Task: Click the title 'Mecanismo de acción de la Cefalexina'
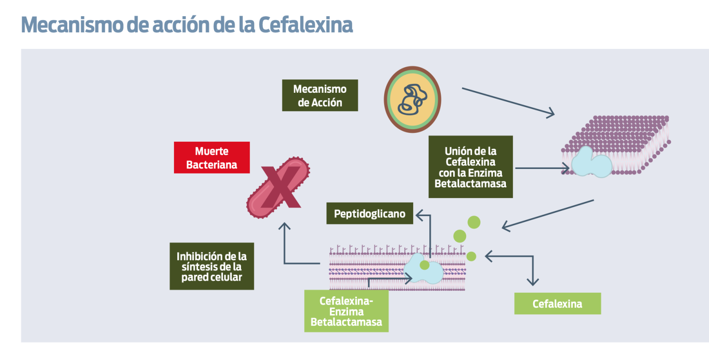coord(187,25)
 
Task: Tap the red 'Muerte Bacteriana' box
coord(211,157)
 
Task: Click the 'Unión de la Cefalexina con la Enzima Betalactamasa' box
coord(470,167)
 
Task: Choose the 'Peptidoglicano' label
coord(369,214)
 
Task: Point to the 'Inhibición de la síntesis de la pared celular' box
coord(211,266)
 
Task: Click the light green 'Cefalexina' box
coord(557,304)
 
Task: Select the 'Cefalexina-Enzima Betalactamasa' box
coord(346,311)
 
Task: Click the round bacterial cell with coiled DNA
coord(412,99)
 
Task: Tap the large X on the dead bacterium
coord(281,187)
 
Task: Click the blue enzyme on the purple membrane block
coord(591,162)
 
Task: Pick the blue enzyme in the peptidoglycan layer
coord(422,270)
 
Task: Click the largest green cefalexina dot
coord(474,222)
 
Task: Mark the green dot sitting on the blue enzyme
coord(424,265)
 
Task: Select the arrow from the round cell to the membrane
coord(508,102)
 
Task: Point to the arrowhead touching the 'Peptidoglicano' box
coord(418,214)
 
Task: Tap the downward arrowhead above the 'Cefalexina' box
coord(533,282)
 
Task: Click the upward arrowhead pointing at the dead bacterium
coord(284,226)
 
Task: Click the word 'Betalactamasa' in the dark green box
coord(470,183)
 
